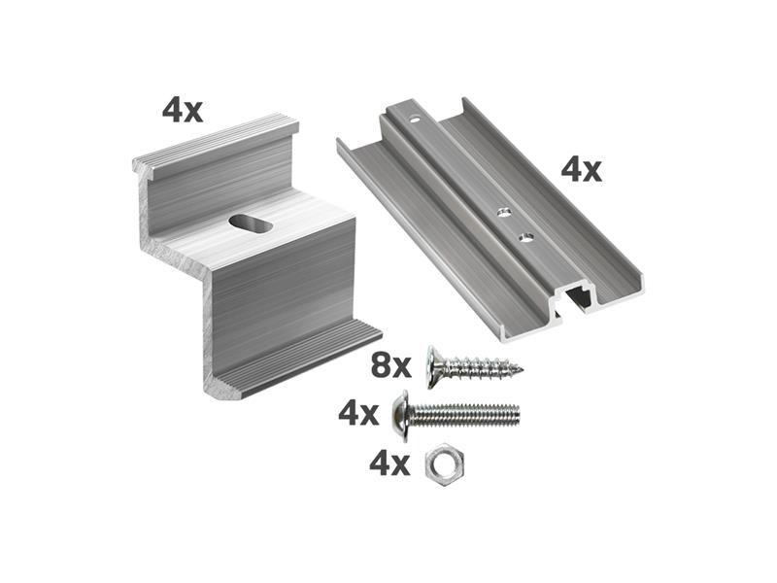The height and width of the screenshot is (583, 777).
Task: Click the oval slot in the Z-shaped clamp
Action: tap(251, 224)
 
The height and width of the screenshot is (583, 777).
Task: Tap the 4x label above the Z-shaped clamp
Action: tap(183, 111)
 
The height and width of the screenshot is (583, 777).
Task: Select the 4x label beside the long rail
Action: tap(581, 170)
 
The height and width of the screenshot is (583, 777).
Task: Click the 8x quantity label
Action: tap(391, 366)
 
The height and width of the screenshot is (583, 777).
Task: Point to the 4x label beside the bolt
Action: tap(358, 414)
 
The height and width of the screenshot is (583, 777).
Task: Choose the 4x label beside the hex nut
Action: tap(389, 464)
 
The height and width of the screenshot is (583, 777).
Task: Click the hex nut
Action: tap(445, 465)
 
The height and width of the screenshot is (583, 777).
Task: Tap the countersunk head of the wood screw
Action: tap(433, 367)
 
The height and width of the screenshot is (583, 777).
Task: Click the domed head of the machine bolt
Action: tap(400, 416)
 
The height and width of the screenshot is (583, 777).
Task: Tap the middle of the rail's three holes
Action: tap(505, 213)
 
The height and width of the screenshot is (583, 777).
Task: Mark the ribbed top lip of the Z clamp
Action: tap(216, 143)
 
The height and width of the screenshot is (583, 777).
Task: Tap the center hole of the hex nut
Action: tap(445, 465)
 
